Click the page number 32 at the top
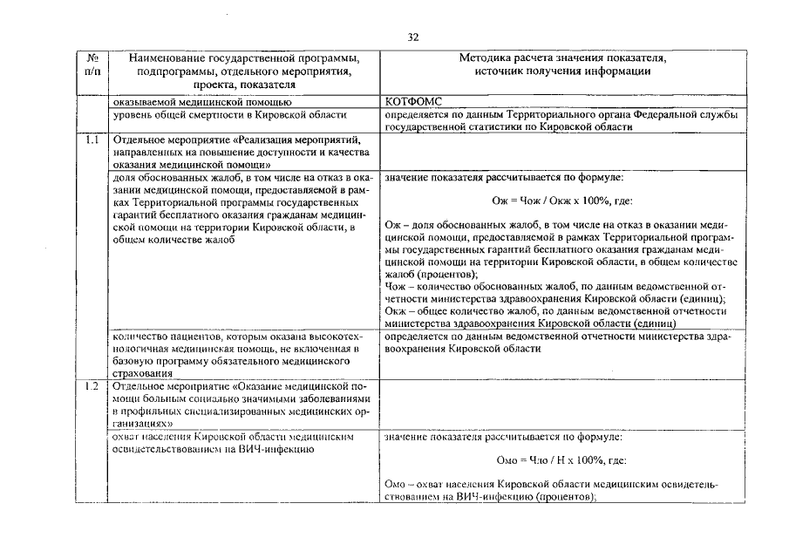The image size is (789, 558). (413, 37)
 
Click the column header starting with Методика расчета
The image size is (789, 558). (562, 64)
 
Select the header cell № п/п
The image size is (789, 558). (93, 64)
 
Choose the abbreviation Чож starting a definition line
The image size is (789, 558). (396, 285)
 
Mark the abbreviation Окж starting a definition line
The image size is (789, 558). (396, 310)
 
